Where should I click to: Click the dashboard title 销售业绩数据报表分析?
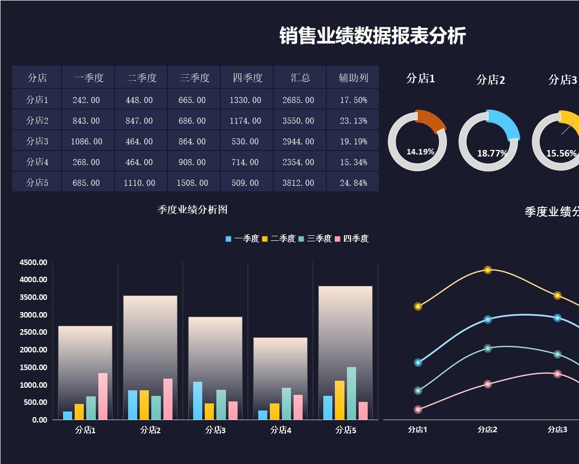372,36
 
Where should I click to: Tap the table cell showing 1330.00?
245,100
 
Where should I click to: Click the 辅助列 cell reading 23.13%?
353,121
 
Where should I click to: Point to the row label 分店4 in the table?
37,162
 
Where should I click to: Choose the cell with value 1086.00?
86,141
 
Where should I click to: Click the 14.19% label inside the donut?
420,151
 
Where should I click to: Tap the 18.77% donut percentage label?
492,153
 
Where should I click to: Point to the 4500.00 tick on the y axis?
33,263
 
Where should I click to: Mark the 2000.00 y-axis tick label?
33,350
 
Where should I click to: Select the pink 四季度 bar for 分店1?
102,396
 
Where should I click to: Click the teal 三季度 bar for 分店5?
351,393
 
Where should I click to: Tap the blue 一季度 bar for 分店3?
197,400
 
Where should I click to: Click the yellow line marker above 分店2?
488,270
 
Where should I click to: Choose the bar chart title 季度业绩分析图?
192,210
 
